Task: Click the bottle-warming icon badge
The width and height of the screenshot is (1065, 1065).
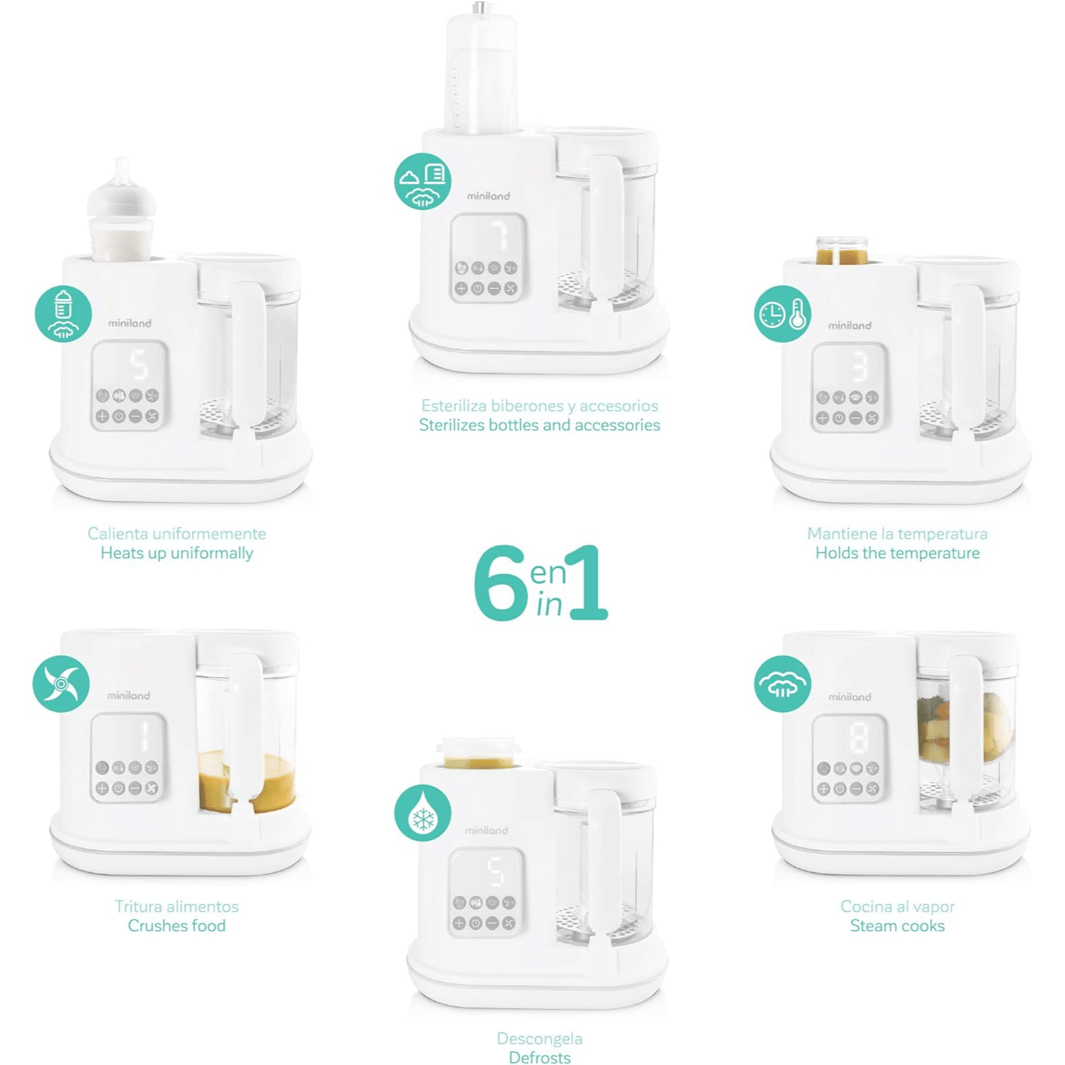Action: click(x=63, y=314)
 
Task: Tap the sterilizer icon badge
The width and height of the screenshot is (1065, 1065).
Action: click(x=423, y=181)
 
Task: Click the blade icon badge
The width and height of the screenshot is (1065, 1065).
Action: click(x=61, y=684)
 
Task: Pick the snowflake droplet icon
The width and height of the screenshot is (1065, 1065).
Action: click(x=423, y=813)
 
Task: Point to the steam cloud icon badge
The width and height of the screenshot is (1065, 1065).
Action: click(x=782, y=684)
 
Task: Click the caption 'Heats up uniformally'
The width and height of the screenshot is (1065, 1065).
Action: click(x=177, y=553)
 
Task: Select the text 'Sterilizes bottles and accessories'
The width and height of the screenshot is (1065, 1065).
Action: click(x=540, y=425)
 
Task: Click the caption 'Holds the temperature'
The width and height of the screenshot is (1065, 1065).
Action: click(x=897, y=553)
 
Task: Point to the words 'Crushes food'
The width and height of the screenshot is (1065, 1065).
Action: click(x=177, y=926)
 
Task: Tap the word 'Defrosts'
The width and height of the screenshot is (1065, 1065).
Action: click(x=540, y=1058)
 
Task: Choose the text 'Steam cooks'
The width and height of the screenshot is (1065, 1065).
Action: click(x=897, y=926)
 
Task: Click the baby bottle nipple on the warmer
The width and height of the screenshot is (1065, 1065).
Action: click(x=122, y=186)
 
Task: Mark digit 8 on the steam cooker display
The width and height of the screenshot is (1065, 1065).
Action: click(x=859, y=737)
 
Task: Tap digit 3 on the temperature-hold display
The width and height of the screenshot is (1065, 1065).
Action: click(x=859, y=367)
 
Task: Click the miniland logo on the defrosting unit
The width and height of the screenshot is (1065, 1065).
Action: click(x=487, y=830)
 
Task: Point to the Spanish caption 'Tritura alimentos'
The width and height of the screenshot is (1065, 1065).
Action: click(x=177, y=907)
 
